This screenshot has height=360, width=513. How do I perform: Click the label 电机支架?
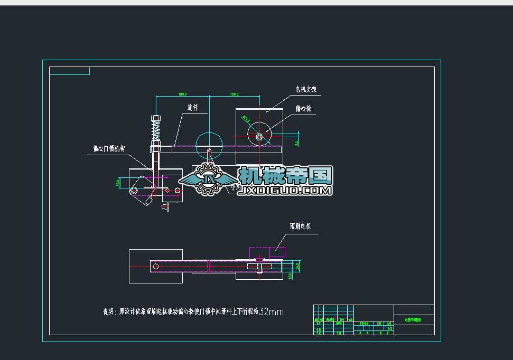click(x=305, y=90)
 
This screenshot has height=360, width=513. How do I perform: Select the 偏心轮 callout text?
click(x=303, y=108)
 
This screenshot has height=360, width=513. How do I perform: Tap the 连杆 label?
click(x=192, y=107)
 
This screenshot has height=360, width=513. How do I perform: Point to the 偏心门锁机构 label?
click(x=108, y=149)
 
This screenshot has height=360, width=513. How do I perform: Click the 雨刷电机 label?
click(x=301, y=226)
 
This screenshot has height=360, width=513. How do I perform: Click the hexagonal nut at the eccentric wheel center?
click(x=259, y=136)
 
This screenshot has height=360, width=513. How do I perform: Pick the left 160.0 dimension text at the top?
click(x=182, y=94)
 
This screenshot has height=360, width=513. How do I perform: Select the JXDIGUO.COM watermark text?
click(x=286, y=190)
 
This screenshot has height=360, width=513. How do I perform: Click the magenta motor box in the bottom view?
click(x=267, y=252)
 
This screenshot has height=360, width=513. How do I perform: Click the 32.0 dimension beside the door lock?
click(x=118, y=183)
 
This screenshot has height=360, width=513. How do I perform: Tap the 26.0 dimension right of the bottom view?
click(x=297, y=265)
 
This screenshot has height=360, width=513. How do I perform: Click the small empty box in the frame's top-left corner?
click(x=69, y=71)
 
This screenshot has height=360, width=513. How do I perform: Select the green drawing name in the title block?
click(x=414, y=320)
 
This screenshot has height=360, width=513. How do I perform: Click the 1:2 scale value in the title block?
click(x=389, y=328)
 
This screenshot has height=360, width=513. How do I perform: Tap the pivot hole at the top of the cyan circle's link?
click(x=210, y=152)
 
